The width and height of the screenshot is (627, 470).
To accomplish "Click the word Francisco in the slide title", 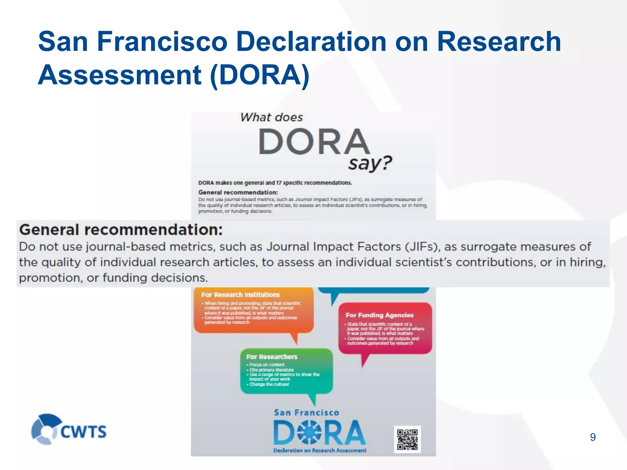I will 162,42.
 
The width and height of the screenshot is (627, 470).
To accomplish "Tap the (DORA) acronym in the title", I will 260,75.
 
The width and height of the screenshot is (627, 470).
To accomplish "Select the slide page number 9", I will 593,437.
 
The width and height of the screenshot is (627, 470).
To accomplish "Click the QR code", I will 407,439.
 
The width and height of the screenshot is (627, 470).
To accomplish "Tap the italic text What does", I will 271,117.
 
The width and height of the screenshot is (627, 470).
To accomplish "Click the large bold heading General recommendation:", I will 121,230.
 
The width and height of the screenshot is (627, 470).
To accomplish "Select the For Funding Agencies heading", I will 379,315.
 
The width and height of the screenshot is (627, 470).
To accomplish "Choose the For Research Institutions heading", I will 240,295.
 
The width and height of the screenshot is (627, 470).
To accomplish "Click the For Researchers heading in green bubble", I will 272,357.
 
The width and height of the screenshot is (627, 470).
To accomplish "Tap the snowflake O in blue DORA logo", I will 309,432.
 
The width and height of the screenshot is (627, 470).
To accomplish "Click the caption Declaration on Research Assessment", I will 320,450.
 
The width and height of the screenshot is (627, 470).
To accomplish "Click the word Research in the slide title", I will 499,42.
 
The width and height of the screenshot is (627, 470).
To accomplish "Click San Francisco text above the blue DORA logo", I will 306,413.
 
